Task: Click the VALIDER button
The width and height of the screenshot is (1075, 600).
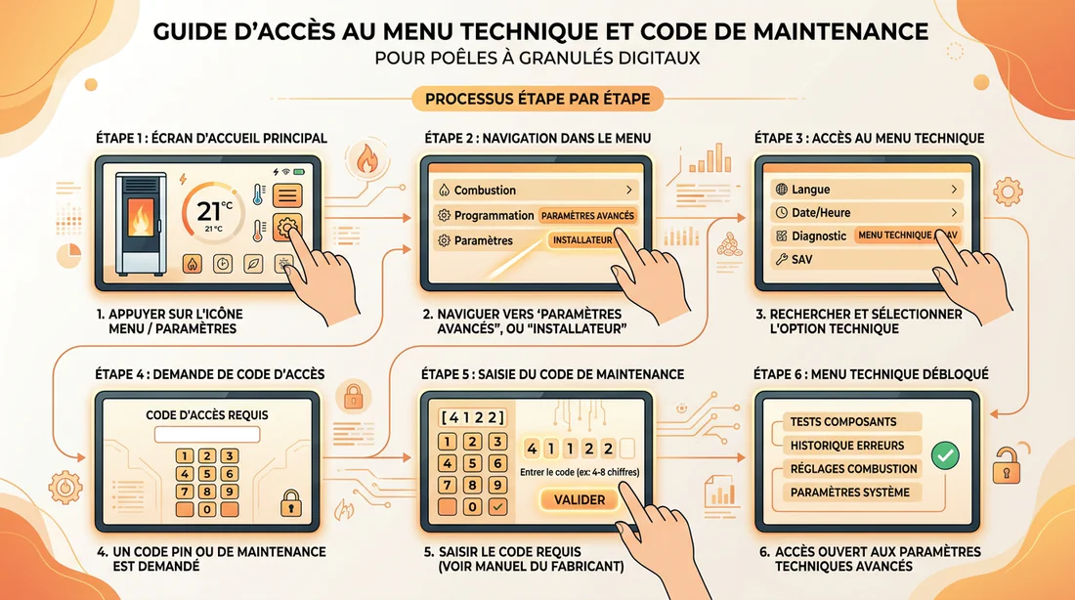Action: pos(580,500)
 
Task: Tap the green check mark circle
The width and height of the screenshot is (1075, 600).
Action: pos(945,455)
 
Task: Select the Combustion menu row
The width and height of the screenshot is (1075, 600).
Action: pos(535,190)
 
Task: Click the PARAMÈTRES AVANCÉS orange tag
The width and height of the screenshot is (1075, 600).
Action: pos(587,215)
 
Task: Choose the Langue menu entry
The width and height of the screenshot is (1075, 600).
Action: pos(867,190)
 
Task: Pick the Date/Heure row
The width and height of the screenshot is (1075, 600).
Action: pos(867,213)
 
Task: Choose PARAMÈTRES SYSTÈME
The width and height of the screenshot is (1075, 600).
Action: pos(851,493)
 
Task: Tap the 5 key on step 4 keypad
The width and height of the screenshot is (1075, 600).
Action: pos(207,474)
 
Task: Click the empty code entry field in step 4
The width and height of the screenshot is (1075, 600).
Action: pos(207,434)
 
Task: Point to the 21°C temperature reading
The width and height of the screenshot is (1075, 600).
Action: pos(214,210)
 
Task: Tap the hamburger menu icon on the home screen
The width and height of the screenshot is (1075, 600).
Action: pos(287,196)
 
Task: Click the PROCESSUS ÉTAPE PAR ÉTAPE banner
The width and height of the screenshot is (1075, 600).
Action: pos(537,99)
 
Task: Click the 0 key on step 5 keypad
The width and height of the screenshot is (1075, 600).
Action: pos(472,507)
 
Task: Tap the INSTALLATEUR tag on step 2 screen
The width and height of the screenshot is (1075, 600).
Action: pos(582,240)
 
